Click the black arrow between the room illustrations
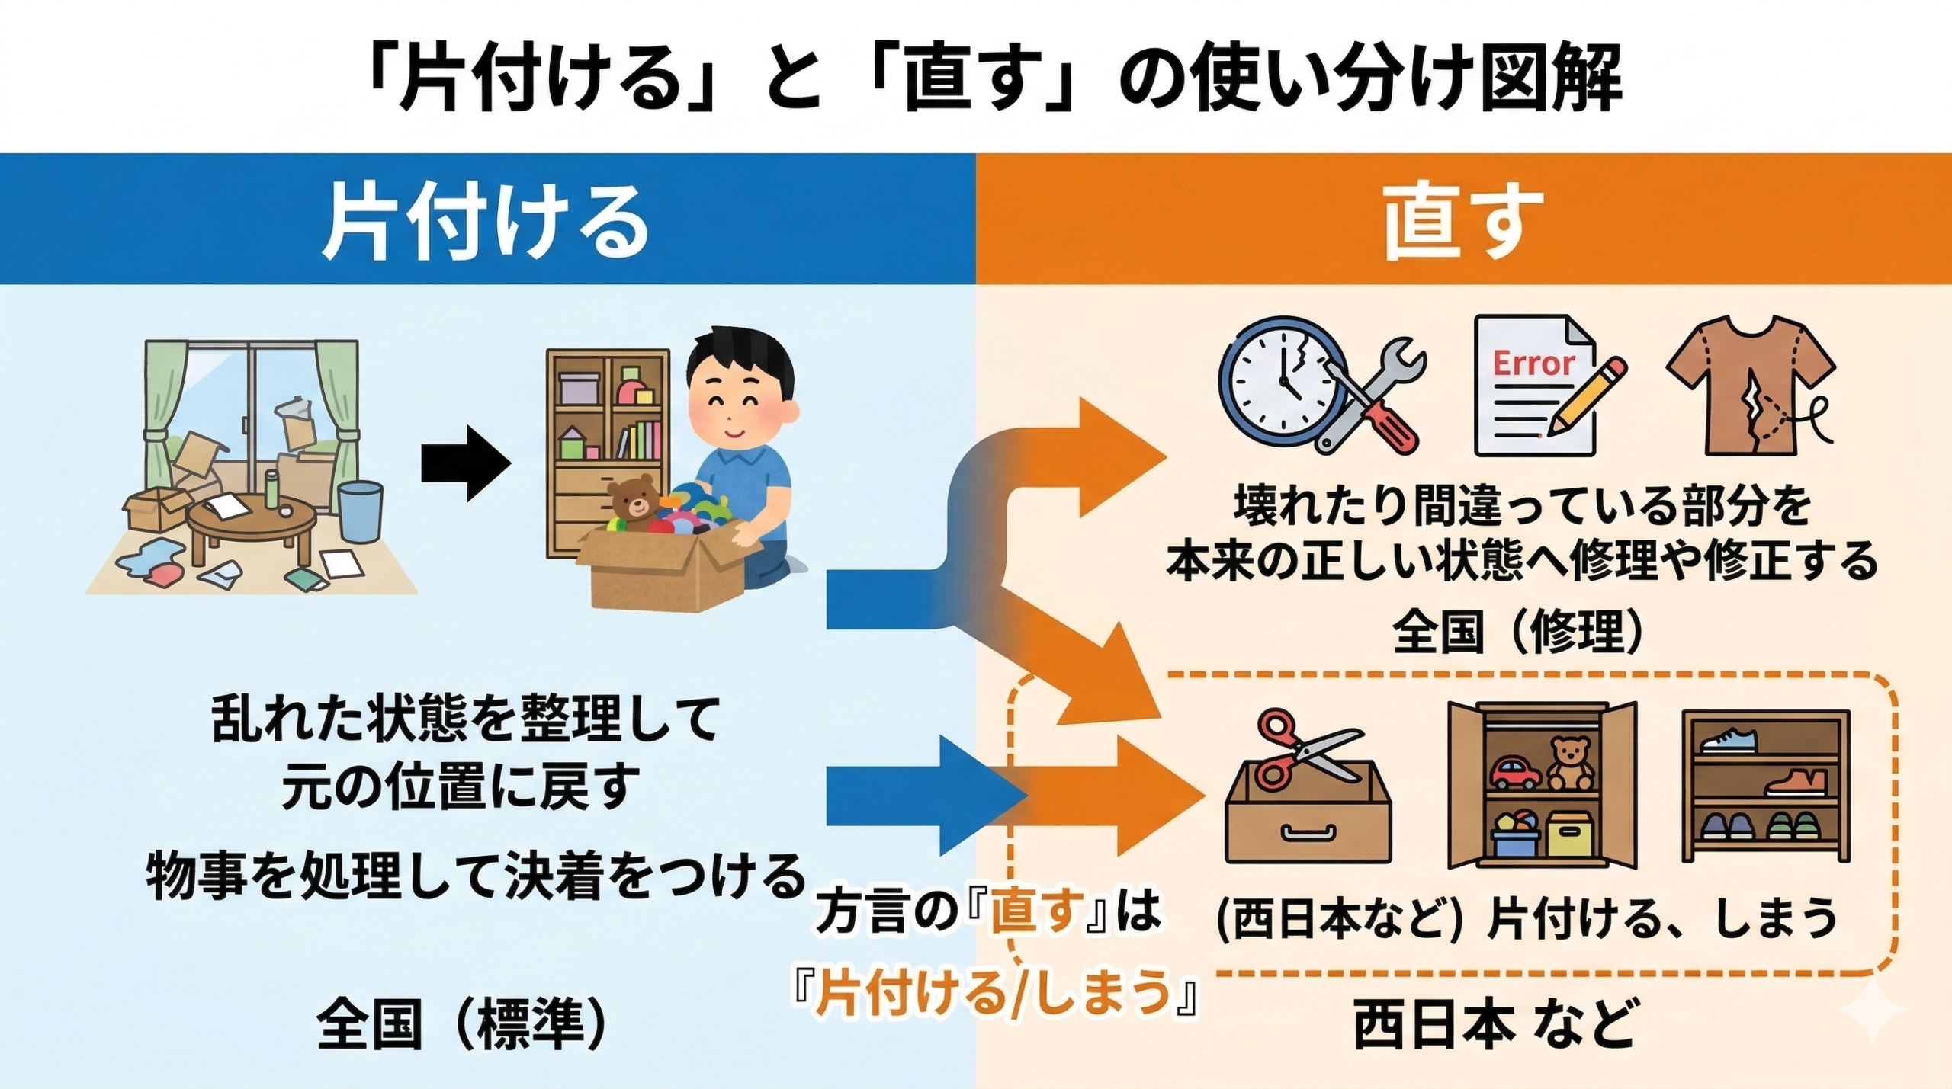(466, 463)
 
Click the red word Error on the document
(1533, 364)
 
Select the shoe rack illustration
(1766, 785)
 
